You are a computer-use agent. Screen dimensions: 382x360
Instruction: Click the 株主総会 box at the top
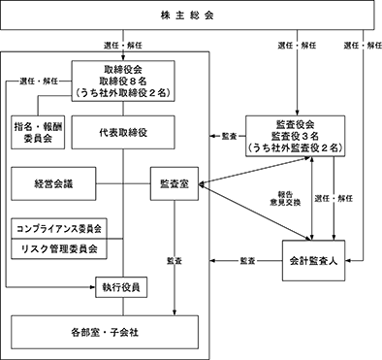tap(187, 16)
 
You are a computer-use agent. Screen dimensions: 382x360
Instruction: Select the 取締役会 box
tap(123, 81)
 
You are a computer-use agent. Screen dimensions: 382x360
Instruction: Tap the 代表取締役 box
tap(123, 132)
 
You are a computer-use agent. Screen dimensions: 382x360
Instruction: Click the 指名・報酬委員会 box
tap(38, 132)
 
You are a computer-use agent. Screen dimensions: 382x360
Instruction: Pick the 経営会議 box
tap(53, 183)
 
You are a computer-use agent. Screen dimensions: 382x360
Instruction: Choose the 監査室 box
tap(175, 183)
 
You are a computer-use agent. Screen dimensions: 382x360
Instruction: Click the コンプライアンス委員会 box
tap(59, 228)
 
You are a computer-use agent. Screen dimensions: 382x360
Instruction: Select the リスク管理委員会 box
tap(59, 249)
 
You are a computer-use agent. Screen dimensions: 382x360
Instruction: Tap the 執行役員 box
tap(121, 287)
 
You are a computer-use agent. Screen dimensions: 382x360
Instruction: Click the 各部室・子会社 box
tap(105, 332)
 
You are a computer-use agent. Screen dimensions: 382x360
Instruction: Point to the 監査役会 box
tap(296, 136)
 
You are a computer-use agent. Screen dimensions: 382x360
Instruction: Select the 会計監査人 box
tap(313, 261)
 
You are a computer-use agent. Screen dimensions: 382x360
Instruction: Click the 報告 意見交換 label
tap(285, 199)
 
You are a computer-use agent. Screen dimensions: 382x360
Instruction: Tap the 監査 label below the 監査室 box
tap(175, 261)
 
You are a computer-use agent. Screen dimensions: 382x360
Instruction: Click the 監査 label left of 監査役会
tap(230, 136)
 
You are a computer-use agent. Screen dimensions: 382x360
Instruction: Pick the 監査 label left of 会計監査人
tap(248, 261)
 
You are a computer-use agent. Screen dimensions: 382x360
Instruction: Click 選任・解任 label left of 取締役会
tap(39, 81)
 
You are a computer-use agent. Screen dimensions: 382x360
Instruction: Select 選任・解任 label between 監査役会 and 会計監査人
tap(334, 198)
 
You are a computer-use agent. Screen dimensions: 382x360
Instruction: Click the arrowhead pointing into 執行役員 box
tap(93, 287)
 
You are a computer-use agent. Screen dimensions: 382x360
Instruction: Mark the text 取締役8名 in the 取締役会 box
tap(123, 81)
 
